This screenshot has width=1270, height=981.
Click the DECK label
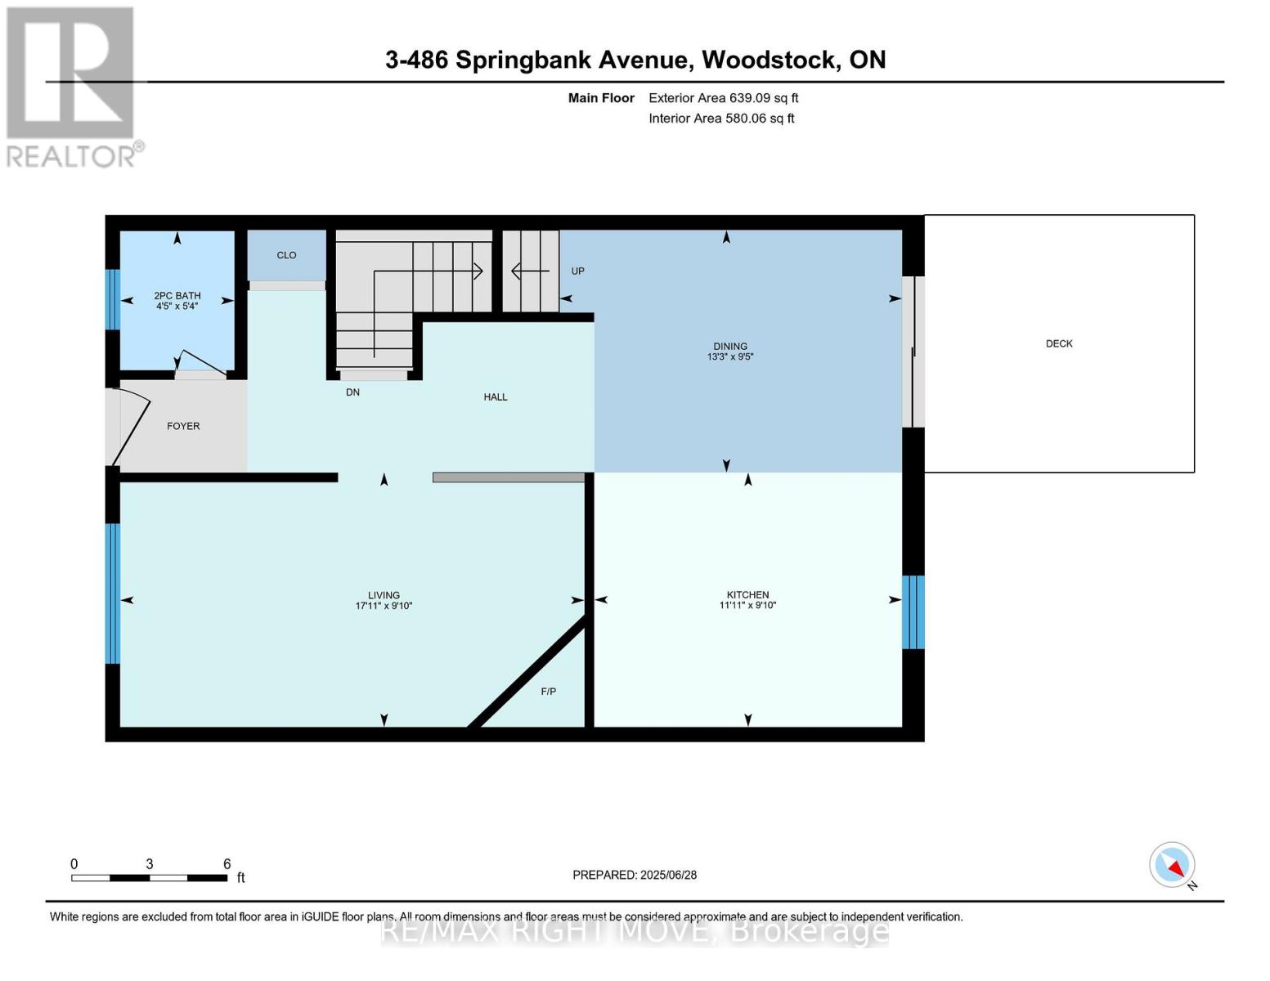1058,343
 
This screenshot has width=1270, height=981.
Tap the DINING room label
729,346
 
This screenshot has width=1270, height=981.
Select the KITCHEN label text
747,594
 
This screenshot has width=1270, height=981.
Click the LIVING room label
384,595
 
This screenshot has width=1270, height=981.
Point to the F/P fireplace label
548,692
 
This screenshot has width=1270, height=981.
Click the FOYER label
183,426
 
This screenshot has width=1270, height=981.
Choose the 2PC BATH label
177,296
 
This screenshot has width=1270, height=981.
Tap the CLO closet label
286,255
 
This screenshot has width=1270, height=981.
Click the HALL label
495,396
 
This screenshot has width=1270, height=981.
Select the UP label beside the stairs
577,271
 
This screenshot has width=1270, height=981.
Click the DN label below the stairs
352,392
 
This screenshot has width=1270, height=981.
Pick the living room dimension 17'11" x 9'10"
384,607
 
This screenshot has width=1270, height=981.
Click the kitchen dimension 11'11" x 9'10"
747,606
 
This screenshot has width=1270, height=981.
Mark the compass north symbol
1173,865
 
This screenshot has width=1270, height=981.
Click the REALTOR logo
72,87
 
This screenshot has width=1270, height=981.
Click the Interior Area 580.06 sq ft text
721,119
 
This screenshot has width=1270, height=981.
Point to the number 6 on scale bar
227,864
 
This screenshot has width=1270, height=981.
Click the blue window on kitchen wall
913,612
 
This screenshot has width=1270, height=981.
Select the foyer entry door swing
129,428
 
